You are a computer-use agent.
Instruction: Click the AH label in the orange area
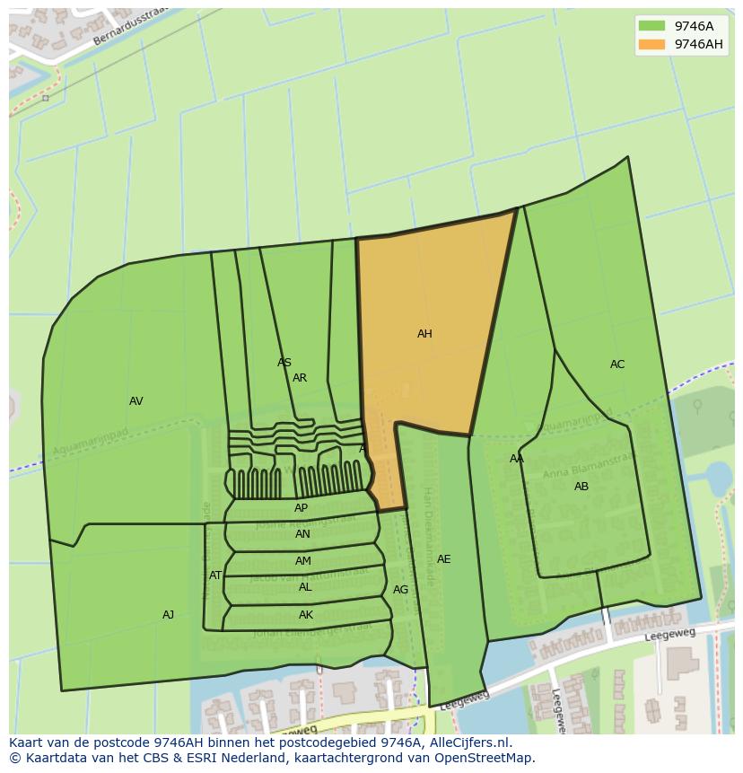424,334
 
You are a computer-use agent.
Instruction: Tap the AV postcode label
135,401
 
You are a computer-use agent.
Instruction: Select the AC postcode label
617,365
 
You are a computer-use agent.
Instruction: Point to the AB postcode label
581,487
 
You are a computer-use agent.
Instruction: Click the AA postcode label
517,459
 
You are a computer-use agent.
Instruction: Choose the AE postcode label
443,559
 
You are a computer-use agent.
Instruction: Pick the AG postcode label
400,590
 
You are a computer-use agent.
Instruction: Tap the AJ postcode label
168,615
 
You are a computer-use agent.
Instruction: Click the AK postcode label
306,615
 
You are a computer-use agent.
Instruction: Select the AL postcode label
305,587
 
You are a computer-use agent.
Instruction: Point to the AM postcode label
303,561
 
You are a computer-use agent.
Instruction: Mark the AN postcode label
302,534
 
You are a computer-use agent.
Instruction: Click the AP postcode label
301,508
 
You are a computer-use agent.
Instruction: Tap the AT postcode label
215,575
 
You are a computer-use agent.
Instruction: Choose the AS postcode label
284,363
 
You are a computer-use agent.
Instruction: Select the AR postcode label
300,378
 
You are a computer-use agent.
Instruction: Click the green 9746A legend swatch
651,26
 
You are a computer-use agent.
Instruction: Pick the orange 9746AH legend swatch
651,44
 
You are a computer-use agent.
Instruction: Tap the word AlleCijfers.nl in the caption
468,742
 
